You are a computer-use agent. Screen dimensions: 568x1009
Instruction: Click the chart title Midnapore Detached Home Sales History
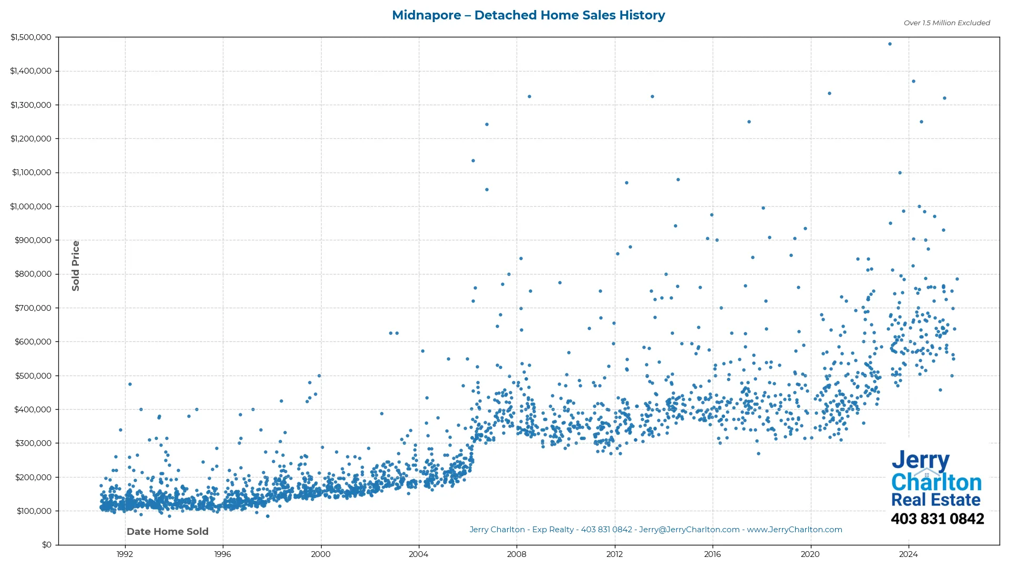point(528,15)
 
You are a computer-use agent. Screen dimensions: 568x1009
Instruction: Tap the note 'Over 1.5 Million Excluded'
point(946,23)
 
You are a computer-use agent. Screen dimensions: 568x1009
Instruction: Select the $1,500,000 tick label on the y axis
point(30,37)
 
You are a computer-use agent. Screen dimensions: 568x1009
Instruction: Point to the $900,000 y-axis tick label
point(33,240)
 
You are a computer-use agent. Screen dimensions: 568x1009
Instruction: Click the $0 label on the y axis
point(47,545)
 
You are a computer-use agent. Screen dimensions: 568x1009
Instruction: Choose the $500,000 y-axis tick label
point(33,376)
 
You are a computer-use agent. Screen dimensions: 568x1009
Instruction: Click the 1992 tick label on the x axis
point(125,554)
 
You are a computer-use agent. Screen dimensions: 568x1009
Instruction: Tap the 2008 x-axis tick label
point(517,554)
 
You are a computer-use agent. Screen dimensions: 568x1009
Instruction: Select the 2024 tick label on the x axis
point(908,554)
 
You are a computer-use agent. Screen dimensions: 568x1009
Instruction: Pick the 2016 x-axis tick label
point(712,554)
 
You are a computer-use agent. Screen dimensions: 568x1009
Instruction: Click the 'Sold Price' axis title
point(76,266)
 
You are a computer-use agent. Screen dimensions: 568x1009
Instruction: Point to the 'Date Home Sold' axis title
point(168,532)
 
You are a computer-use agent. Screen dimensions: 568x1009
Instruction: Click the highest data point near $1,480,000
point(890,44)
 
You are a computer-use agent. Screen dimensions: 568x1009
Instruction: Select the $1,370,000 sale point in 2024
point(913,82)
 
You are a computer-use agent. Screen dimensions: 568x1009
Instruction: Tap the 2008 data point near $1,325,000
point(529,97)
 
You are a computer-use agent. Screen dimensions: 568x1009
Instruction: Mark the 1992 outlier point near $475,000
point(130,384)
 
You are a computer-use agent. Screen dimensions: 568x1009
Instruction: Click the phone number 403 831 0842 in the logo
point(937,519)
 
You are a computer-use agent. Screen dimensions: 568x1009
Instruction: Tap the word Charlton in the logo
point(936,482)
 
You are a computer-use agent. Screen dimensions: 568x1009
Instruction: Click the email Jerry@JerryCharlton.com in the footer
point(689,530)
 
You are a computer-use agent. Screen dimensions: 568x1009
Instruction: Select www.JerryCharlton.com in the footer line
point(794,530)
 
